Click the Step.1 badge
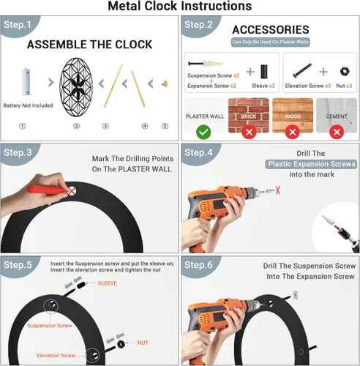[x=18, y=25]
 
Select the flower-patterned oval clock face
[x=76, y=87]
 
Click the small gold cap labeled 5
[x=165, y=83]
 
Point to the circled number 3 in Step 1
[x=105, y=126]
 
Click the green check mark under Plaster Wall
[x=203, y=132]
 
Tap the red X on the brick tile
[x=249, y=132]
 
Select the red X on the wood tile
[x=293, y=132]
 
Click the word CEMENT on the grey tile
[x=337, y=116]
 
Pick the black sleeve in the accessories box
[x=264, y=72]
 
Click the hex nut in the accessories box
[x=345, y=71]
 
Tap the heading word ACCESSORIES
[x=271, y=30]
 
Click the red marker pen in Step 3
[x=47, y=190]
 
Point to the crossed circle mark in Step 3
[x=71, y=191]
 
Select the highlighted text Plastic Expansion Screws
[x=312, y=164]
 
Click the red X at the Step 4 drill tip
[x=277, y=190]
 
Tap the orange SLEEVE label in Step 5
[x=108, y=283]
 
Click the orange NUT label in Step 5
[x=143, y=343]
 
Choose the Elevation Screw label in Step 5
[x=56, y=356]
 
